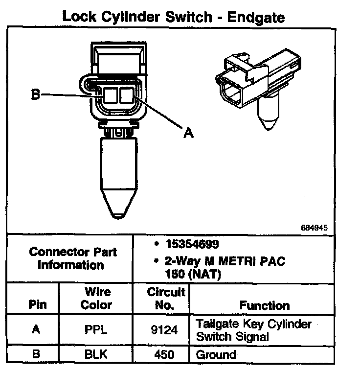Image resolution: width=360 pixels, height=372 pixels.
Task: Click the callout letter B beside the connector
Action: [x=35, y=94]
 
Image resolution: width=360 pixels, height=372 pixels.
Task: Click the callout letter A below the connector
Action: [x=187, y=132]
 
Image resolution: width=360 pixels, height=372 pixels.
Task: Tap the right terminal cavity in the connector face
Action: [x=127, y=95]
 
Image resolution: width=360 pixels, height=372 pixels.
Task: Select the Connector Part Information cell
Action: [x=73, y=259]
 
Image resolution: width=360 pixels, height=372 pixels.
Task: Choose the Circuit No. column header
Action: [x=166, y=298]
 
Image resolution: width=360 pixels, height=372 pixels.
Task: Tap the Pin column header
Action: [x=37, y=305]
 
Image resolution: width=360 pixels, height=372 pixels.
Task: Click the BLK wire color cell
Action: [x=96, y=354]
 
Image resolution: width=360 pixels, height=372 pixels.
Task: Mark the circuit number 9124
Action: [x=165, y=330]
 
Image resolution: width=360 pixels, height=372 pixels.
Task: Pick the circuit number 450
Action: [x=165, y=354]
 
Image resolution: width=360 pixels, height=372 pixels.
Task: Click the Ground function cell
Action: [x=216, y=354]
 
